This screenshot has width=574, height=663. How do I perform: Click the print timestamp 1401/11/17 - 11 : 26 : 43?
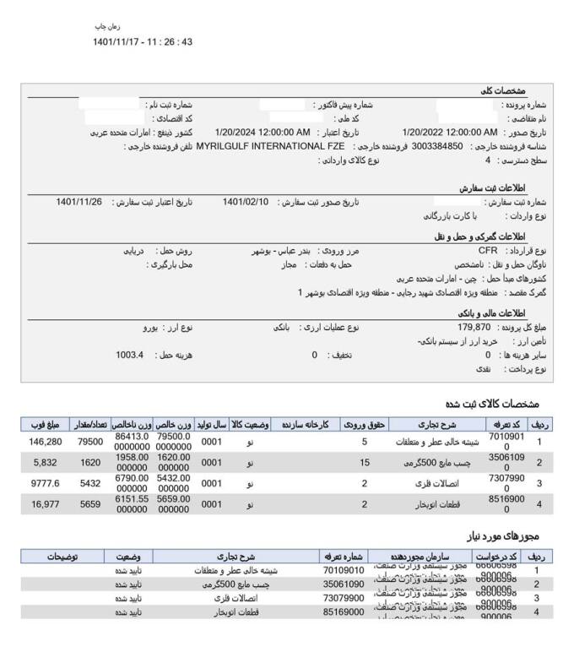(143, 41)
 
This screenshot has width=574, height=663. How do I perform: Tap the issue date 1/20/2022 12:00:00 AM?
(450, 132)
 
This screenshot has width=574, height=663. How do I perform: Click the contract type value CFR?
(488, 252)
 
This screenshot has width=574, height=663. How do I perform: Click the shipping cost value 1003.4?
(130, 355)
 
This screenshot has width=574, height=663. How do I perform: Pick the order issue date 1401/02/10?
(246, 202)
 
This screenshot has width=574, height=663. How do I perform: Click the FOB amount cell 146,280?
(46, 442)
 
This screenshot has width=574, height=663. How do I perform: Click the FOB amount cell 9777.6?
(46, 484)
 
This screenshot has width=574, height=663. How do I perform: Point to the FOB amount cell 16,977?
(46, 504)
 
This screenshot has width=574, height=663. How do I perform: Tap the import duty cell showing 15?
(365, 463)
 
